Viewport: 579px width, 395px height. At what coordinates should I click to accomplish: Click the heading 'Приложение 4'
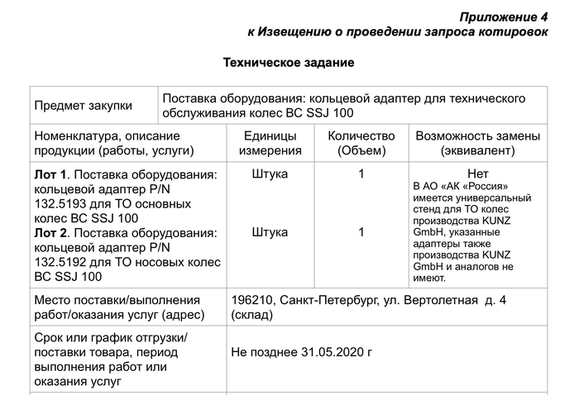(505, 17)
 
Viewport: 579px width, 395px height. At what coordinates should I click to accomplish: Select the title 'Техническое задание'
(289, 63)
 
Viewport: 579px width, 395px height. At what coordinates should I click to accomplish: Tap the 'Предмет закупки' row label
(83, 106)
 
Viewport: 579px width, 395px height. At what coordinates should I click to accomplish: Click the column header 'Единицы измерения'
(270, 143)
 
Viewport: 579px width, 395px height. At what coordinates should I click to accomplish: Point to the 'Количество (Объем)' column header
(361, 143)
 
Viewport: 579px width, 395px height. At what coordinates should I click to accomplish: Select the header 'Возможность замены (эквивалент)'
(478, 143)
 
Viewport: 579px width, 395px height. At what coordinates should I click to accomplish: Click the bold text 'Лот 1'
(50, 174)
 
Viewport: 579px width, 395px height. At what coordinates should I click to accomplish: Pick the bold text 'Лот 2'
(50, 233)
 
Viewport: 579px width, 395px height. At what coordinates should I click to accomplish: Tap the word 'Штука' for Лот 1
(270, 174)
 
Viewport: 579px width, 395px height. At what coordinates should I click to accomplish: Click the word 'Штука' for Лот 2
(270, 233)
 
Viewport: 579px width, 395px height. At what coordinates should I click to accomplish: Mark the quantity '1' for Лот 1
(361, 174)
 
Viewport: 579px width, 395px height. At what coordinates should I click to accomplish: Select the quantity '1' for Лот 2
(361, 233)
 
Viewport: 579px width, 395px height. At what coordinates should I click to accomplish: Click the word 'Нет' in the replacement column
(478, 174)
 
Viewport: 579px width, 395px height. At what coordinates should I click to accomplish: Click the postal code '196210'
(252, 301)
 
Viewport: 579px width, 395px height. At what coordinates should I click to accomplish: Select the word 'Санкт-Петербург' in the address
(328, 301)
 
